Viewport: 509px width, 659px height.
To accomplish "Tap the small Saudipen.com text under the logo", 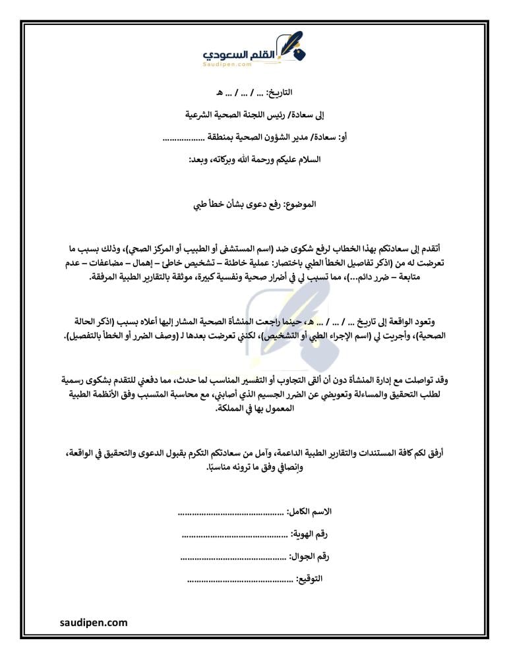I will (228, 65).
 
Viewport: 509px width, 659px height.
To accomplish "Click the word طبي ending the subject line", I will (200, 205).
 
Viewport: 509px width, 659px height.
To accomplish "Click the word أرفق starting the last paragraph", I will (433, 455).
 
